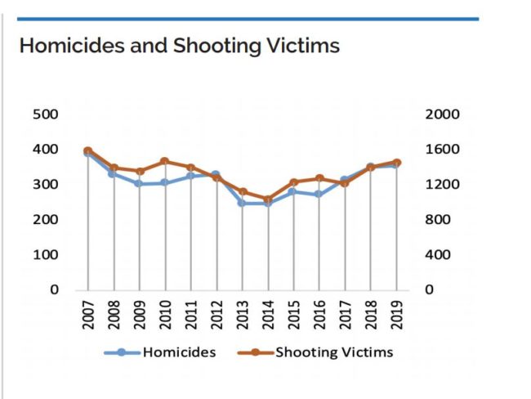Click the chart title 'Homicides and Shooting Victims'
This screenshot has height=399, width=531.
179,46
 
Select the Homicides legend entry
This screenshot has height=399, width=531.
179,352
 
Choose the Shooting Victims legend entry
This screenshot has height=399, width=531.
333,352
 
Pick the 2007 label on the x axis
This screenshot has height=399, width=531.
87,316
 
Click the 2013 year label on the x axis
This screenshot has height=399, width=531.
242,316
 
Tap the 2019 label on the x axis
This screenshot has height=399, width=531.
397,316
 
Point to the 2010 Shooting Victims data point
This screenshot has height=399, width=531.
164,161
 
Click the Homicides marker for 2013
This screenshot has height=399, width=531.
242,203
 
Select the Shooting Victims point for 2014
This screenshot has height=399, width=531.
268,199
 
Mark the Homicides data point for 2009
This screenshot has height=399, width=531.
139,184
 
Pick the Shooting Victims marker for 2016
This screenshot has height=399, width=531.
319,178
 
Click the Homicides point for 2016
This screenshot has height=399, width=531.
319,195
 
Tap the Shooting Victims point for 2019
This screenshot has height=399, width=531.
397,162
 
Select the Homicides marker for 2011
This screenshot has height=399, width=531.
190,176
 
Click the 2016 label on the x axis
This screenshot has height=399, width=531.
319,316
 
